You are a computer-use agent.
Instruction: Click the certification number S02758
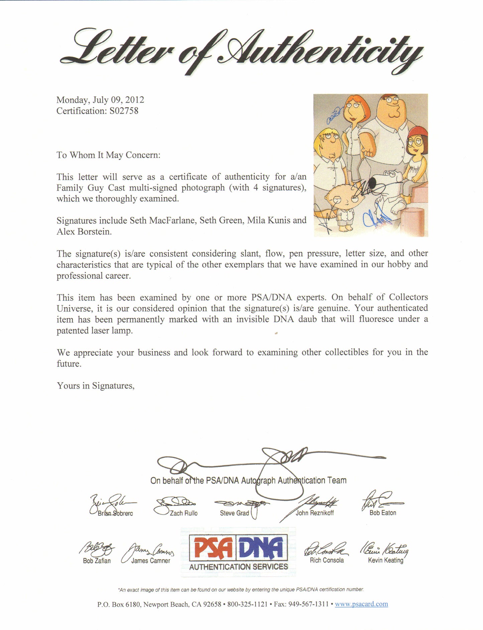pyautogui.click(x=124, y=111)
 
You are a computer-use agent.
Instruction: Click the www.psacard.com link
pyautogui.click(x=361, y=604)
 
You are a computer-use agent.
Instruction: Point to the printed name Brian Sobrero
pyautogui.click(x=115, y=513)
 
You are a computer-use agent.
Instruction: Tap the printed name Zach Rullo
pyautogui.click(x=184, y=513)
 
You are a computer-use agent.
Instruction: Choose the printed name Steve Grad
pyautogui.click(x=234, y=513)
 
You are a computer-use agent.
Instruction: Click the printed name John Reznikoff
pyautogui.click(x=315, y=513)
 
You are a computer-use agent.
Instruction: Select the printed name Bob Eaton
pyautogui.click(x=383, y=513)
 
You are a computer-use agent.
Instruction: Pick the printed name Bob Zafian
pyautogui.click(x=97, y=561)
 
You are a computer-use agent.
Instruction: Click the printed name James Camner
pyautogui.click(x=150, y=561)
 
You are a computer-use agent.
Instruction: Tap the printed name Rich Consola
pyautogui.click(x=327, y=560)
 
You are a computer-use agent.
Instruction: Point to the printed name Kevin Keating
pyautogui.click(x=385, y=560)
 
